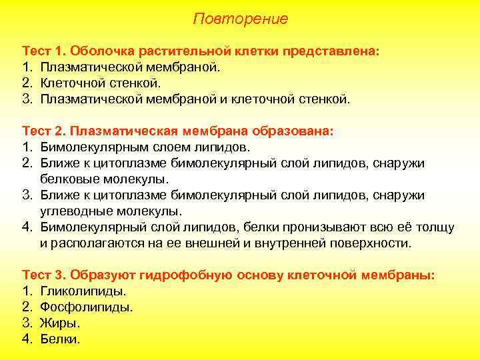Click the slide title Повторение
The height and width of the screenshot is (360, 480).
pos(240,19)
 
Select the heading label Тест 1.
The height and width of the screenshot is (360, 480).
pos(44,51)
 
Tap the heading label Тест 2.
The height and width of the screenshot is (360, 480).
pos(44,131)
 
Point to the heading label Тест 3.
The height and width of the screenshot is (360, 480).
pos(44,275)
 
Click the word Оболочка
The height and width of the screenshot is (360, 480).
pos(100,51)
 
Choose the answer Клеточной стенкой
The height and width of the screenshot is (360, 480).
pos(100,83)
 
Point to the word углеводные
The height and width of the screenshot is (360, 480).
pos(76,211)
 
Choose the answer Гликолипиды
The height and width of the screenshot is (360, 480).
pos(83,291)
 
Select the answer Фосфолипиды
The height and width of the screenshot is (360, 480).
pos(87,307)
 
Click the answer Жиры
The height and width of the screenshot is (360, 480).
pos(60,323)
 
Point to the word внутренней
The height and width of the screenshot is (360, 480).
pos(291,243)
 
